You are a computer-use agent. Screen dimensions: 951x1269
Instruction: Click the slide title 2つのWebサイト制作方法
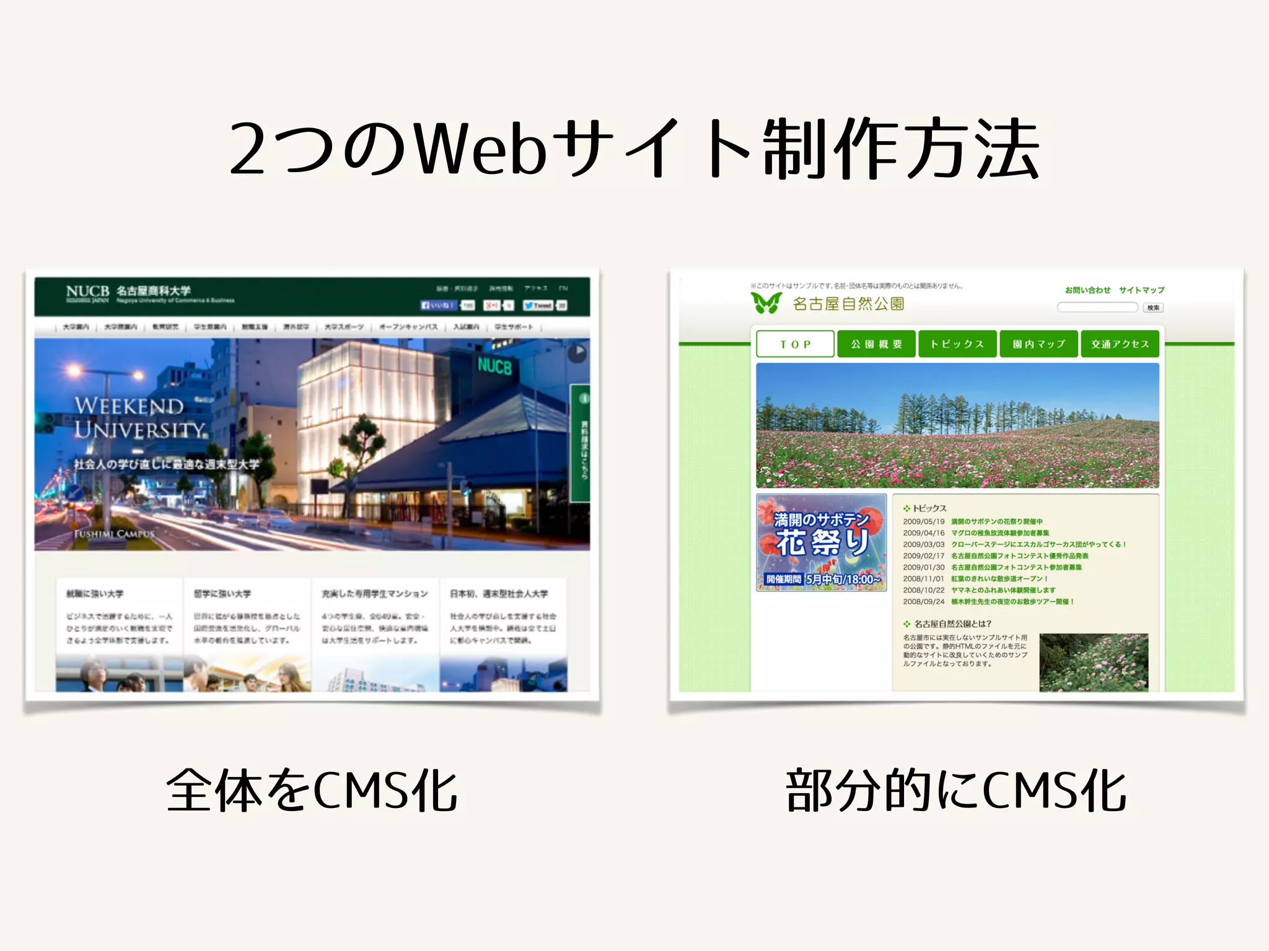(x=634, y=149)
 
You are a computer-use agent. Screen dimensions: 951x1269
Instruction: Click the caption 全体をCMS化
(x=312, y=791)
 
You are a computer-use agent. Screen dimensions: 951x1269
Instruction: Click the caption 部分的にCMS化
(x=955, y=791)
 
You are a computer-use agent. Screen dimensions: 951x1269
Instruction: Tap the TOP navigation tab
(x=795, y=344)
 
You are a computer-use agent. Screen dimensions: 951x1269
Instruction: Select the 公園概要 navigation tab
(x=876, y=344)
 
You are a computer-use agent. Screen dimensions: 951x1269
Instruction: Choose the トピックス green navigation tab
(x=957, y=344)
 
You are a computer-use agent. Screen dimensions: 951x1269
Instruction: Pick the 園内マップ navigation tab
(x=1038, y=344)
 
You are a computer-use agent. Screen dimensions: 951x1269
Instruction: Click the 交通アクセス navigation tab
(x=1120, y=344)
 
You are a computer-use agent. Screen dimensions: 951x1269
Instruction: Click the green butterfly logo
(x=766, y=303)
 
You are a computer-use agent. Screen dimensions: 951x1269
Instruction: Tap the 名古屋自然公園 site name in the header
(x=848, y=304)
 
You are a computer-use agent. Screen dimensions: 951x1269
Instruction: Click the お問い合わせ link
(x=1087, y=290)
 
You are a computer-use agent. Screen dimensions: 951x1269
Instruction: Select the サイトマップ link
(x=1141, y=290)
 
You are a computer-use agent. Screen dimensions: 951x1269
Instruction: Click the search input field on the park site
(x=1097, y=307)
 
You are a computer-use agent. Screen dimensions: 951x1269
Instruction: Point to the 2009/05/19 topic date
(x=923, y=522)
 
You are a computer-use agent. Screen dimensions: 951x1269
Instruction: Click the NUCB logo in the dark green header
(x=87, y=292)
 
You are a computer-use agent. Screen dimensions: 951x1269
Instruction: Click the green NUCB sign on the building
(x=494, y=367)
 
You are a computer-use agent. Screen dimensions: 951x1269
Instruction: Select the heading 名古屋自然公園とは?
(x=952, y=624)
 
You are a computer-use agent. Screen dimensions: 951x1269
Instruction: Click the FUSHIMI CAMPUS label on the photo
(x=114, y=534)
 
